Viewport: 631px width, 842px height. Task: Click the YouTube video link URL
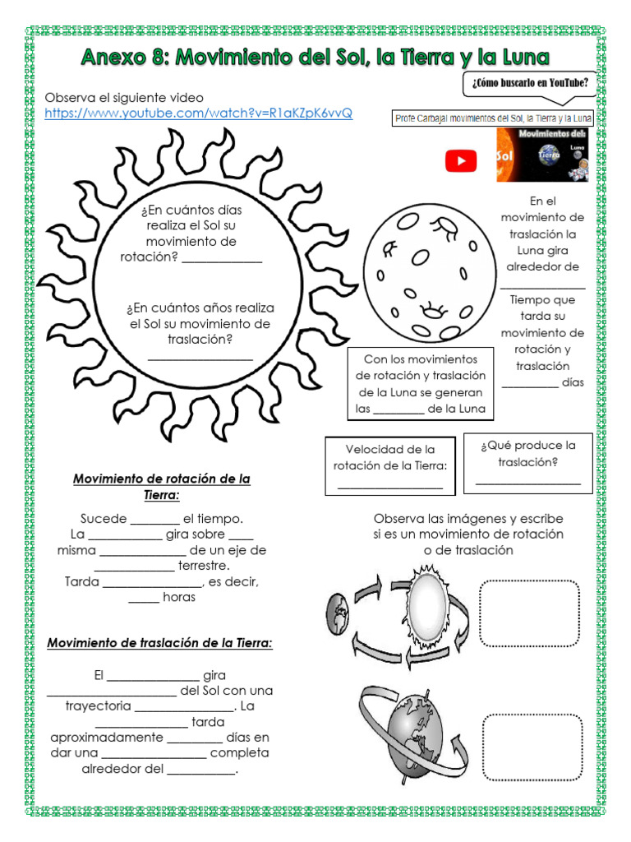click(198, 113)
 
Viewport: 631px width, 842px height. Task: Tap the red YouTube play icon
click(461, 160)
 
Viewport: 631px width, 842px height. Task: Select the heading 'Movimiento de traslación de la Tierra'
click(159, 643)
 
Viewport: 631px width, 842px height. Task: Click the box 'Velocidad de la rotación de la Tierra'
click(389, 466)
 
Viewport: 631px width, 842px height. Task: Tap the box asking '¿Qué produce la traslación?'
click(527, 462)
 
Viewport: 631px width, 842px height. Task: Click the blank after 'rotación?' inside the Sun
click(222, 258)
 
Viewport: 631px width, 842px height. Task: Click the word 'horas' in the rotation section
click(179, 598)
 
